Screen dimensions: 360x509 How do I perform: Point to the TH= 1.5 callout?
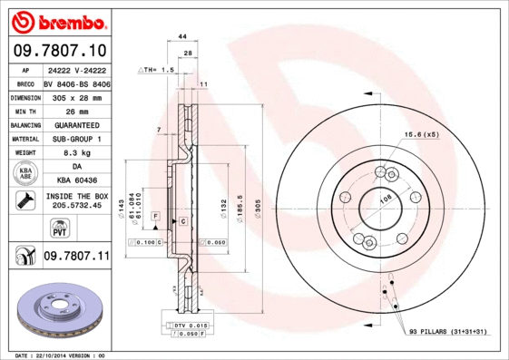coord(157,69)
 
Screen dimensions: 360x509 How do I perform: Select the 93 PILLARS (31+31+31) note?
coord(447,332)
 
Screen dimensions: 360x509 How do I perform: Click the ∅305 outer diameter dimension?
coord(258,209)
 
